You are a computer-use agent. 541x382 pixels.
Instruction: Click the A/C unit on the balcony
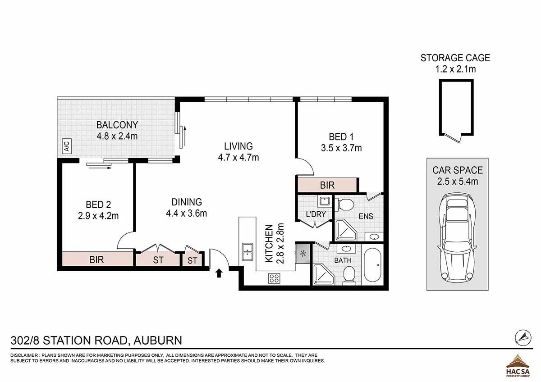coord(67,146)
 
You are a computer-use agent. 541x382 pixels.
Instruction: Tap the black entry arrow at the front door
coord(219,273)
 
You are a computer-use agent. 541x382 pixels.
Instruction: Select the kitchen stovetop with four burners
coord(275,278)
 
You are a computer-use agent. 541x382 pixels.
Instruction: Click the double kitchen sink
coord(248,252)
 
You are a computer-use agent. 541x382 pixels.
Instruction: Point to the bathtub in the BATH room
coord(372,265)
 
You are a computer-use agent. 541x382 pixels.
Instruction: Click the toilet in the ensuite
coord(344,205)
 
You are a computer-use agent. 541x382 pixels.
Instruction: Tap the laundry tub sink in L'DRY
coord(325,201)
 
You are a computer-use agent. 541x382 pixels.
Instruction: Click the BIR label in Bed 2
coord(96,259)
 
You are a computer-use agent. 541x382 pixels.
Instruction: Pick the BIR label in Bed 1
coord(327,185)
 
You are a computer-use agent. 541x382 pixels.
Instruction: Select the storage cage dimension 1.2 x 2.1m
coord(455,69)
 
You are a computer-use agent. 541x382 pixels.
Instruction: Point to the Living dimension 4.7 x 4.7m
coord(238,158)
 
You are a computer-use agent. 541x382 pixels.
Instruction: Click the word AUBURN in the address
coord(158,341)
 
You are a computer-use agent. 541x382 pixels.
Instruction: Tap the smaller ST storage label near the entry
coord(192,261)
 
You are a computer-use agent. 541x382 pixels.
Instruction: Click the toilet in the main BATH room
coord(348,274)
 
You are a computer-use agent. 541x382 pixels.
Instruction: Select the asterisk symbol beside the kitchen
coord(303,253)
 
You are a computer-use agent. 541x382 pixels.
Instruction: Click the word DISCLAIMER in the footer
coord(24,355)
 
